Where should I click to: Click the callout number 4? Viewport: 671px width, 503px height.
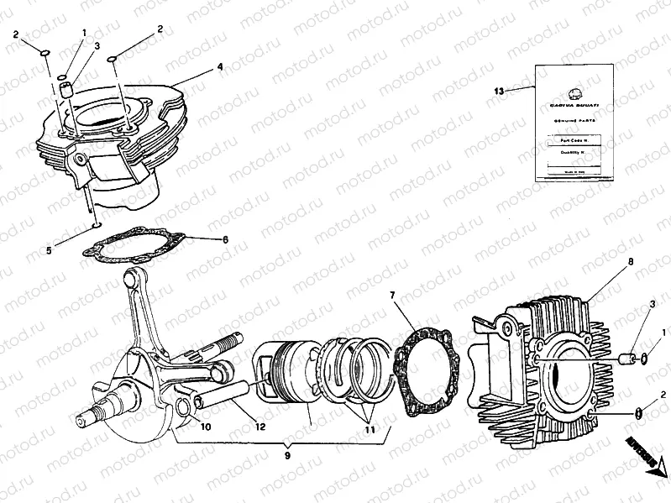tap(219, 65)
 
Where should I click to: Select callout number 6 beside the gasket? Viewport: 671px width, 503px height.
tap(225, 239)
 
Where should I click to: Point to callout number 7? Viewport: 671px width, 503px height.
tap(392, 295)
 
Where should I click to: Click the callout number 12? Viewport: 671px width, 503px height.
tap(260, 427)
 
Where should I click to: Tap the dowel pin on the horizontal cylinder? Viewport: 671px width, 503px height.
tap(627, 359)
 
